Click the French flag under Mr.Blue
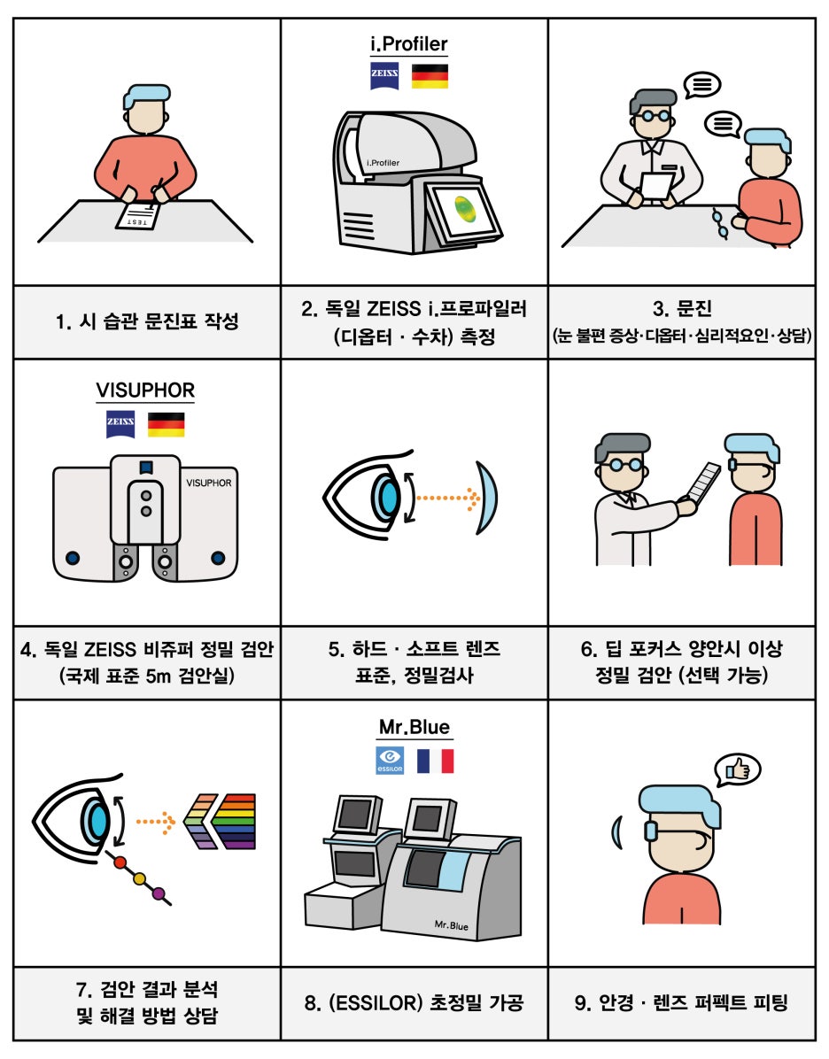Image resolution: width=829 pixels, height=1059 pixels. pyautogui.click(x=435, y=761)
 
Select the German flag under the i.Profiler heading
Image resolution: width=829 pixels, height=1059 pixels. pyautogui.click(x=430, y=76)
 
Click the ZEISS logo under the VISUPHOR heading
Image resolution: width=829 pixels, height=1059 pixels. pyautogui.click(x=120, y=424)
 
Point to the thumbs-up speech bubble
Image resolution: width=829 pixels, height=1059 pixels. pyautogui.click(x=737, y=770)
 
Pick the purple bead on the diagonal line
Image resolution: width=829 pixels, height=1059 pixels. pyautogui.click(x=159, y=893)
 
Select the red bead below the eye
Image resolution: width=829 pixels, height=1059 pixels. pyautogui.click(x=120, y=862)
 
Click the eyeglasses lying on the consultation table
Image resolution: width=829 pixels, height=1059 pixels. pyautogui.click(x=720, y=223)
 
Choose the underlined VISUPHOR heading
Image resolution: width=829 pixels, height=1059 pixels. pyautogui.click(x=145, y=390)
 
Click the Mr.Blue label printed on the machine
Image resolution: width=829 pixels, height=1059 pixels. pyautogui.click(x=452, y=925)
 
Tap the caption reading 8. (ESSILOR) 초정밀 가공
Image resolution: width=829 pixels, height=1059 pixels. pyautogui.click(x=414, y=1003)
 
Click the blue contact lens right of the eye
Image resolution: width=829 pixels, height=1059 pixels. pyautogui.click(x=486, y=498)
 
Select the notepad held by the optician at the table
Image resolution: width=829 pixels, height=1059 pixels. pyautogui.click(x=657, y=187)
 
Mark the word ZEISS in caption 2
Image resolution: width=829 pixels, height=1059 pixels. pyautogui.click(x=393, y=309)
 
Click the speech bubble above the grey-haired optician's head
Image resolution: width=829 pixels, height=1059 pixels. pyautogui.click(x=702, y=85)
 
